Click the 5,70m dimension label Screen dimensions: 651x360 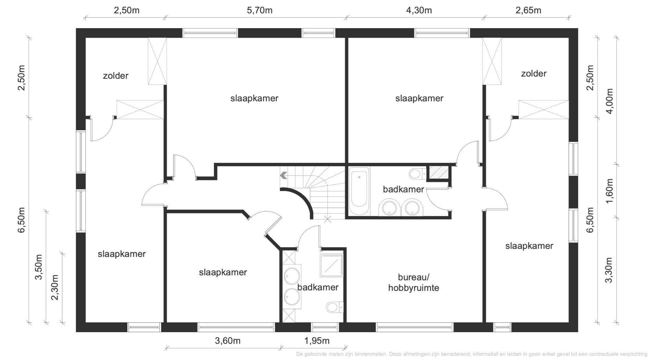coord(260,10)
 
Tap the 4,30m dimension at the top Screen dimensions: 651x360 coord(419,10)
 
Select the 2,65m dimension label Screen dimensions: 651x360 coord(528,10)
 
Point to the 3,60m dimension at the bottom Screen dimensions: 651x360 coord(228,341)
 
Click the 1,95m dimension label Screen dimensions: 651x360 coord(317,341)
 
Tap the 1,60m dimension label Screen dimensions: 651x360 coord(610,191)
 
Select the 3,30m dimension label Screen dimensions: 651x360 coord(609,270)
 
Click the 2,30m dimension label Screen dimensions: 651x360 coord(55,287)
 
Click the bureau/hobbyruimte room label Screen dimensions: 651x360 coord(414,283)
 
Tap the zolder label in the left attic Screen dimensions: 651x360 coord(115,76)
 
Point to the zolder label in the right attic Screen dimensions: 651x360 coord(533,73)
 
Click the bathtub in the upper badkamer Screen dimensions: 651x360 coord(359,191)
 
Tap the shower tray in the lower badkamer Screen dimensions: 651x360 coord(331,265)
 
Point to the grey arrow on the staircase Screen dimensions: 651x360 coord(283,176)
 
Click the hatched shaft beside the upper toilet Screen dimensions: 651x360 coord(439,172)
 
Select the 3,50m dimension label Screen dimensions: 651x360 coord(39,267)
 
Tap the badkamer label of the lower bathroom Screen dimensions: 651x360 coord(318,287)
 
